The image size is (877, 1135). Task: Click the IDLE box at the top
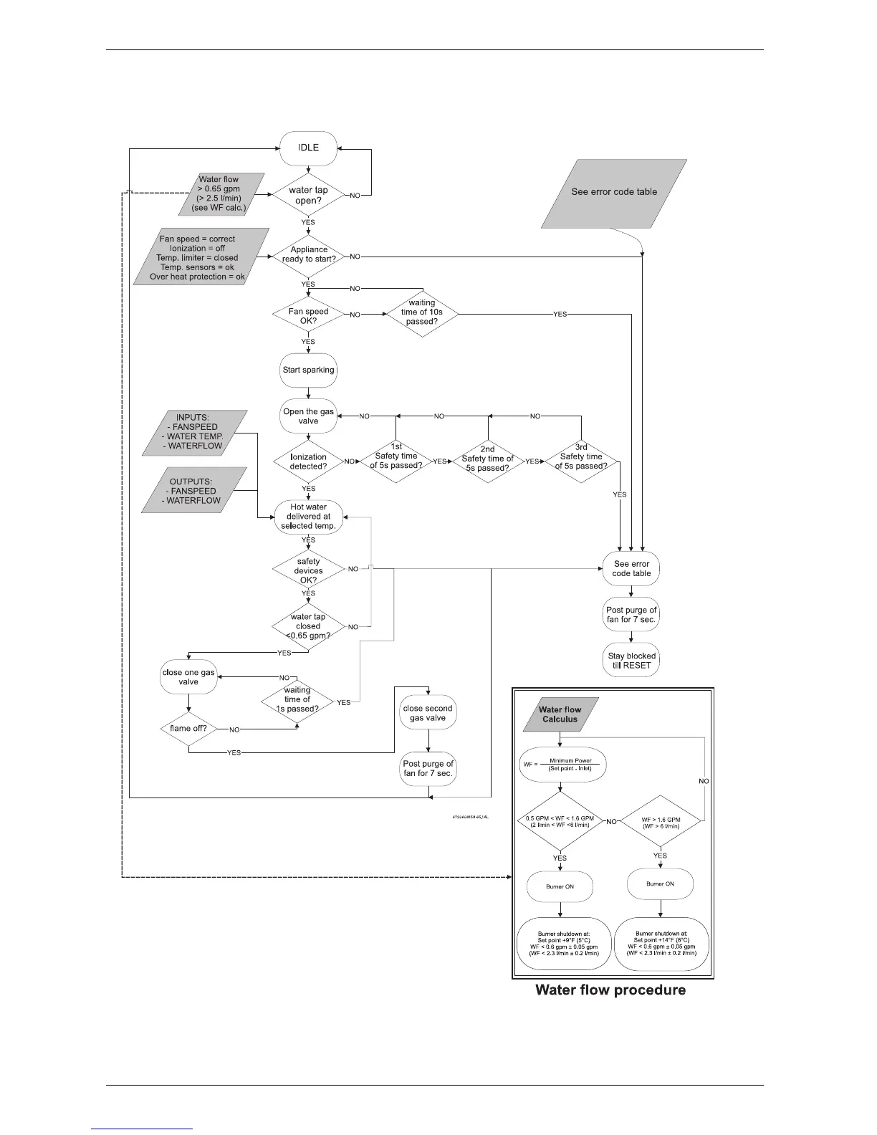308,148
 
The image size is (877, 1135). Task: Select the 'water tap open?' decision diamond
308,195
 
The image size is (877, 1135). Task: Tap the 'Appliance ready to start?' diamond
308,255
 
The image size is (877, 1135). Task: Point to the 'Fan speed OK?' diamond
308,315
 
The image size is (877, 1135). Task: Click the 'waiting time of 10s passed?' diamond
422,312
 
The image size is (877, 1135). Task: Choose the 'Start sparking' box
308,370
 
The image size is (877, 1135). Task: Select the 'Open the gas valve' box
308,416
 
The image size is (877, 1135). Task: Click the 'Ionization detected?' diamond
308,461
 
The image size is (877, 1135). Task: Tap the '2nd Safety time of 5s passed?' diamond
487,459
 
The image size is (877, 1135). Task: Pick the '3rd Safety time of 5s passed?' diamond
581,457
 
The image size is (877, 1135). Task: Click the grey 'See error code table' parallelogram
614,192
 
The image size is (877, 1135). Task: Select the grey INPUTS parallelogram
195,433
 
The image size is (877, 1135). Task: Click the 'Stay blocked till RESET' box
631,661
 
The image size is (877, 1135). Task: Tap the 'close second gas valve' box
428,713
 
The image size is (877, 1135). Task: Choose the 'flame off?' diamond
188,729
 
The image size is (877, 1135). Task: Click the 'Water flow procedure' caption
610,990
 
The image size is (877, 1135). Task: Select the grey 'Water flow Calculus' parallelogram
560,714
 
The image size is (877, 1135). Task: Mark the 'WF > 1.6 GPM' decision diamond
660,822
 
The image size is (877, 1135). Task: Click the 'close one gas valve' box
188,677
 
